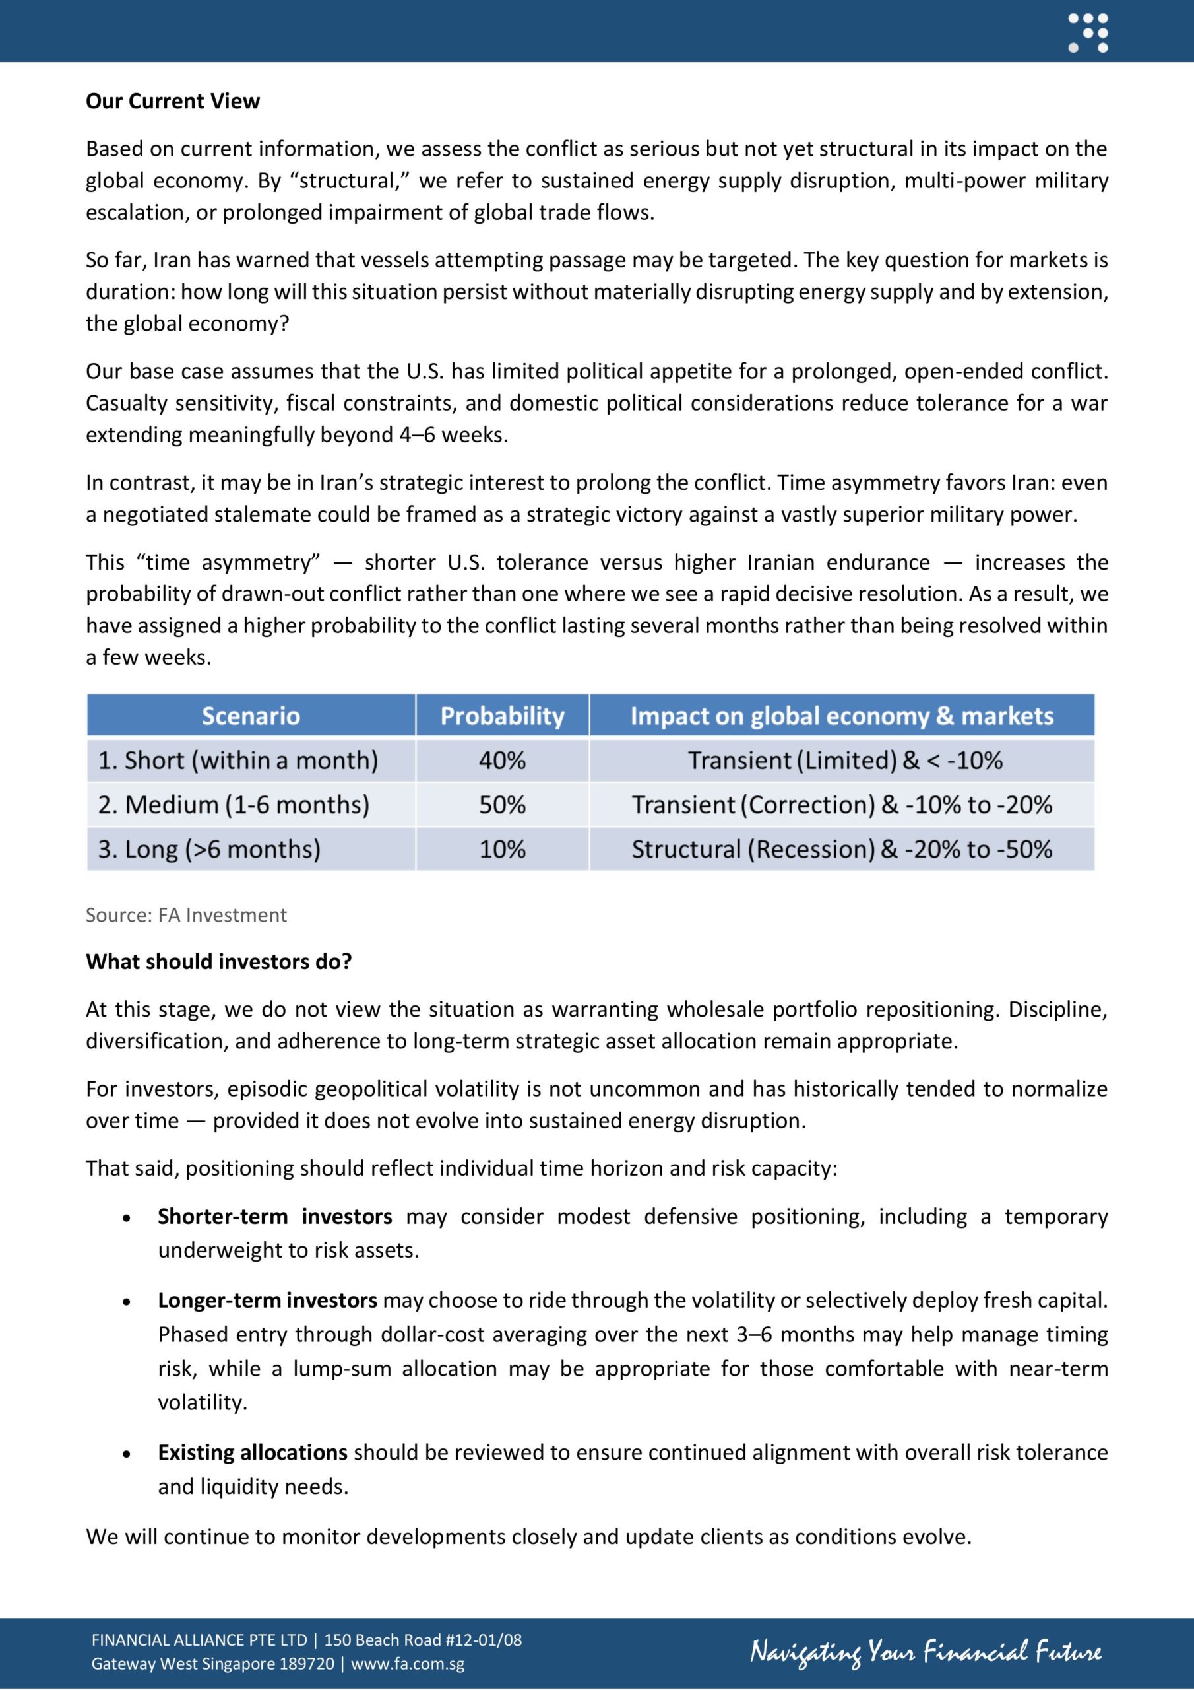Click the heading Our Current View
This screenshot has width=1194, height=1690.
point(172,101)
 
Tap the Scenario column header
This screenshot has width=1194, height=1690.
point(251,716)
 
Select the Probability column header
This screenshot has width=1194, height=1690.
point(502,716)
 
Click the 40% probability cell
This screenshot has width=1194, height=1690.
point(502,760)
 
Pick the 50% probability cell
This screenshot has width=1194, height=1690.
point(502,805)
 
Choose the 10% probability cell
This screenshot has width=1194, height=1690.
point(502,849)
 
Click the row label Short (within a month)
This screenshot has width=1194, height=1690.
point(237,760)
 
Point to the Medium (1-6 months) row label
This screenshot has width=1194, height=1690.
point(234,805)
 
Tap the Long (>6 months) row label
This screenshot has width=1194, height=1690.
point(209,849)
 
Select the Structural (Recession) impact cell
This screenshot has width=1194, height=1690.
point(842,849)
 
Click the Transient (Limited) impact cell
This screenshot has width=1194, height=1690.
point(844,760)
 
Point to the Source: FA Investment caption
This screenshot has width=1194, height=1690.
point(186,915)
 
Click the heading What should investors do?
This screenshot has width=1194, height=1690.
point(218,961)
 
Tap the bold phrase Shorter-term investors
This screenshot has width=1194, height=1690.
point(274,1216)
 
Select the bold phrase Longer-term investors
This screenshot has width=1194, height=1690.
point(267,1300)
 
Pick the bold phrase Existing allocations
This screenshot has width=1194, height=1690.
point(253,1452)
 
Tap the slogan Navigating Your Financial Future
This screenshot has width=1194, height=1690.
point(926,1652)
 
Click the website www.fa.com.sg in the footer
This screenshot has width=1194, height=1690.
point(408,1664)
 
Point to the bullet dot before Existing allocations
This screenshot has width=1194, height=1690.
point(127,1454)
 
